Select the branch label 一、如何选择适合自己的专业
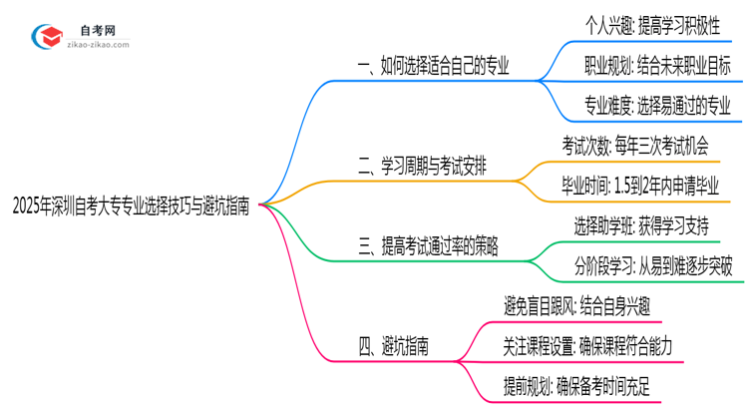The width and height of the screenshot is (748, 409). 433,67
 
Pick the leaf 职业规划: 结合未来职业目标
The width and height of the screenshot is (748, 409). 656,67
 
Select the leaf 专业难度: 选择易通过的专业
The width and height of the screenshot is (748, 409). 657,104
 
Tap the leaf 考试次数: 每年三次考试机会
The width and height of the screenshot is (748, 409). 635,146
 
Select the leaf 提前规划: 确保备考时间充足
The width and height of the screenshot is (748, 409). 577,383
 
